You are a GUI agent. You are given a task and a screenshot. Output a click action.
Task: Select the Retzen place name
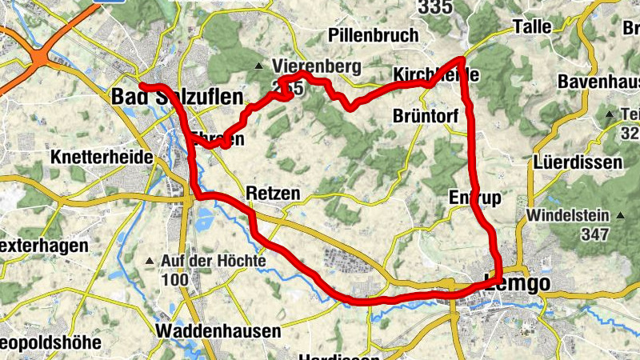[274, 194]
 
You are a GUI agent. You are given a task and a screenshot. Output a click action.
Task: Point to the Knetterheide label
[101, 158]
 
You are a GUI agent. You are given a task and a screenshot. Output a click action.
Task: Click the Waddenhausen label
[219, 330]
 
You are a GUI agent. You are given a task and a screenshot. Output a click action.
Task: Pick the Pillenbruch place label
[374, 35]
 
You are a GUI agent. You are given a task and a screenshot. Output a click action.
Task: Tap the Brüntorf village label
[426, 117]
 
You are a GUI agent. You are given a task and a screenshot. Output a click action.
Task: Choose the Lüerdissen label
[576, 162]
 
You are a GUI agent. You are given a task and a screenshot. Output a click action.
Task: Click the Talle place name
[532, 26]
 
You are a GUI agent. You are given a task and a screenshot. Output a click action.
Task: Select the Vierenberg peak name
[316, 66]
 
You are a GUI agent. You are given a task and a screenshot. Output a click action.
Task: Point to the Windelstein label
[568, 216]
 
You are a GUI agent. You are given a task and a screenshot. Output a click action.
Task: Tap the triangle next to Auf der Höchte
[149, 262]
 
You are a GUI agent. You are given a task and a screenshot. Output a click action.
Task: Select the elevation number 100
[174, 280]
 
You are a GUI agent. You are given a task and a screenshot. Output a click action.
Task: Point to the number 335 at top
[434, 7]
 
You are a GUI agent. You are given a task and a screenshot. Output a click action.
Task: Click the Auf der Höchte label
[212, 262]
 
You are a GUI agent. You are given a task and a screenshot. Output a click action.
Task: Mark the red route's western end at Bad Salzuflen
[142, 85]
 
